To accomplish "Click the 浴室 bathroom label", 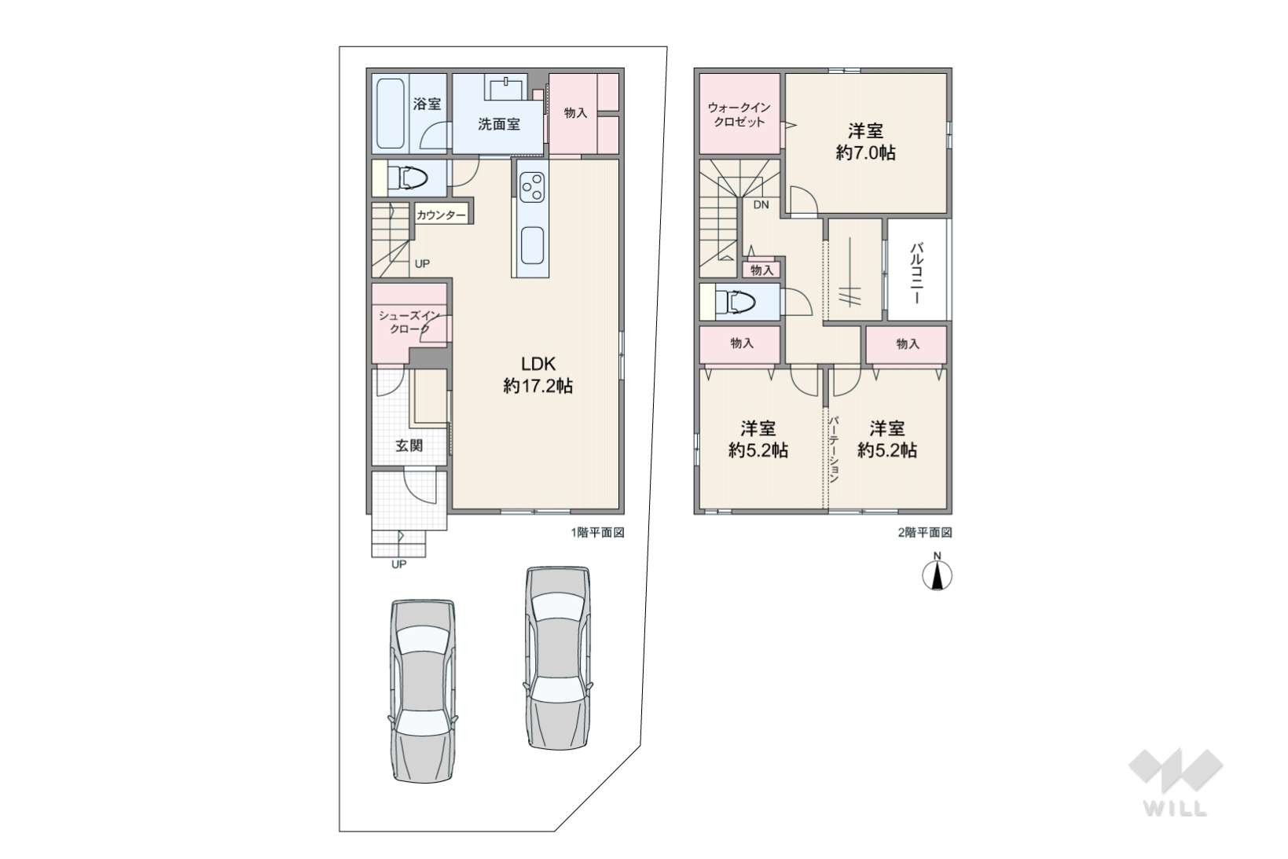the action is point(427,104).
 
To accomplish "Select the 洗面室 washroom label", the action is point(499,124).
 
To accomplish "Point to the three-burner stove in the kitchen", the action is point(533,187).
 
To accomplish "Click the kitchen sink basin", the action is point(533,245).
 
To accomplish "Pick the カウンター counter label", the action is point(441,215).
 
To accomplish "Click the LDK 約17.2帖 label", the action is point(538,375).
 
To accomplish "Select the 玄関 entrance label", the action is point(409,445).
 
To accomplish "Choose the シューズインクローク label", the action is point(409,322).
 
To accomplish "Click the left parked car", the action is point(424,691).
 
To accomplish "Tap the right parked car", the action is point(558,658).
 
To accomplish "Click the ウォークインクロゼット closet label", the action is point(739,115).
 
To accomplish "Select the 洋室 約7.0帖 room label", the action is point(865,142).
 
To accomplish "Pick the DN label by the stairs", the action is point(761,204).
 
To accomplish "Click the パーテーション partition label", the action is point(833,449).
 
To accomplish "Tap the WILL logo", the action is point(1176,783).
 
